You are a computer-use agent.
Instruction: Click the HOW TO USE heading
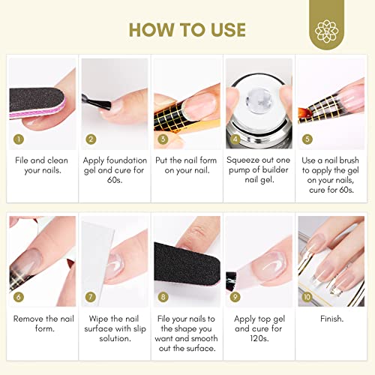[187, 29]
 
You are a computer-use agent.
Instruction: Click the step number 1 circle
[17, 139]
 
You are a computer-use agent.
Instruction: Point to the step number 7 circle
[90, 298]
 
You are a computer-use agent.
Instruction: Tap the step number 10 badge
[307, 298]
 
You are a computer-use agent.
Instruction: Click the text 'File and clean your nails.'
[42, 166]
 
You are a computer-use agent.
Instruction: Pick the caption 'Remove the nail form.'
[42, 324]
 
